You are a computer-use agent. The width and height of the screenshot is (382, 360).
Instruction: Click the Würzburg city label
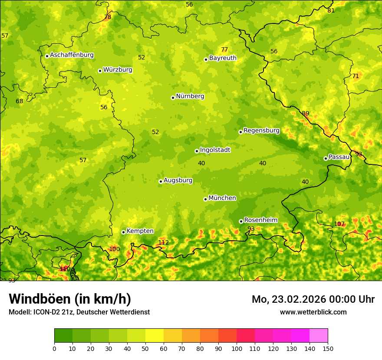pyautogui.click(x=117, y=70)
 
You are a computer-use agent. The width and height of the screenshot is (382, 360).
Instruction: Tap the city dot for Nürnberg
pyautogui.click(x=173, y=98)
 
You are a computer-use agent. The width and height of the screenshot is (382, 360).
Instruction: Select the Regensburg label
pyautogui.click(x=261, y=131)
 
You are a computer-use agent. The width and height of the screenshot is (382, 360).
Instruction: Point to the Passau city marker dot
pyautogui.click(x=326, y=158)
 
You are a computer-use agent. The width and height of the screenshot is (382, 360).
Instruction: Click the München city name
pyautogui.click(x=222, y=198)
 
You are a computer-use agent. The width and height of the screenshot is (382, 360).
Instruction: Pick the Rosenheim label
pyautogui.click(x=260, y=220)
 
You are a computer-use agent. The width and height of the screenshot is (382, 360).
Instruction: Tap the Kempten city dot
pyautogui.click(x=123, y=232)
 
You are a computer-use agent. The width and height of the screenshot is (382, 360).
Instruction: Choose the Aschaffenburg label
pyautogui.click(x=72, y=55)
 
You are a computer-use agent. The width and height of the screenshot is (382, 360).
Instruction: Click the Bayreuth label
pyautogui.click(x=223, y=58)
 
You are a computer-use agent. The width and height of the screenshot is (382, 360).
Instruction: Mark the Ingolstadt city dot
pyautogui.click(x=197, y=151)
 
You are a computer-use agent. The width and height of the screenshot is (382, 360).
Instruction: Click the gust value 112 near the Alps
pyautogui.click(x=163, y=242)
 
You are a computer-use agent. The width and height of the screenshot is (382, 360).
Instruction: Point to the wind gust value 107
pyautogui.click(x=339, y=224)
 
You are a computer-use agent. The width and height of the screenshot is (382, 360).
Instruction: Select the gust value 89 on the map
pyautogui.click(x=306, y=114)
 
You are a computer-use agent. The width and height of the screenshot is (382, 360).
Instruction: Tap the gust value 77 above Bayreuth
pyautogui.click(x=224, y=50)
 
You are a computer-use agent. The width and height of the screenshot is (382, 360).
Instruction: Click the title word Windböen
pyautogui.click(x=40, y=299)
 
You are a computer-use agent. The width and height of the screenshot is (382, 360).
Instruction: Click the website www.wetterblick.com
pyautogui.click(x=313, y=312)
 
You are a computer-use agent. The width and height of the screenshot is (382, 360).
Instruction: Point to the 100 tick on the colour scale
pyautogui.click(x=237, y=349)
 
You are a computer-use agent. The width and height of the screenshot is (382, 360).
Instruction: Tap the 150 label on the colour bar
pyautogui.click(x=328, y=349)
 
